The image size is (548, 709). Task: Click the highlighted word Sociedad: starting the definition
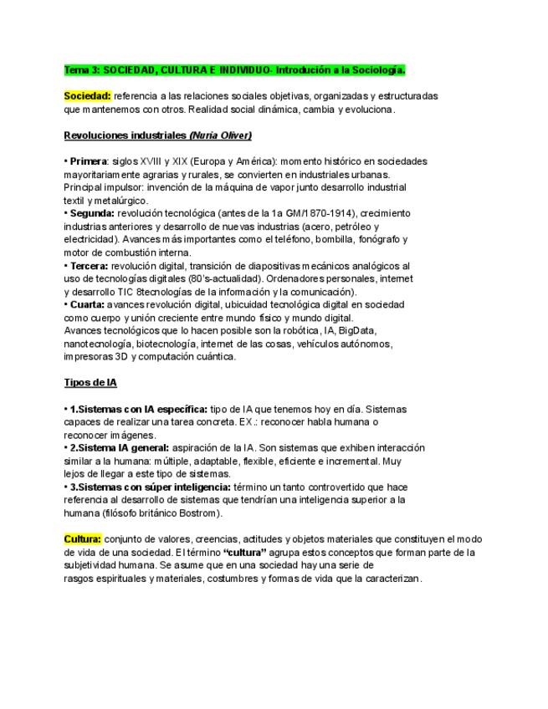click(87, 96)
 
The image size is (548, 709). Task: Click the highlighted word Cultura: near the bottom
click(83, 538)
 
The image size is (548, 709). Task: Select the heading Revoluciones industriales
click(125, 135)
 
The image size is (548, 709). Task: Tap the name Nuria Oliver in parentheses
click(221, 135)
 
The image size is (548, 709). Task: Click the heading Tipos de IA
click(90, 383)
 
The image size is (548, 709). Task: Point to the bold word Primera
click(89, 161)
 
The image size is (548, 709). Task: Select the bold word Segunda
click(91, 213)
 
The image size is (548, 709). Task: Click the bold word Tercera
click(89, 266)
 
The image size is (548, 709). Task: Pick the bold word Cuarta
click(87, 304)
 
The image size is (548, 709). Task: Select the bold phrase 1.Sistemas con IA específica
click(138, 409)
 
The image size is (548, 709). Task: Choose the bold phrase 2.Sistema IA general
click(120, 447)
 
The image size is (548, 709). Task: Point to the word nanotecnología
click(97, 343)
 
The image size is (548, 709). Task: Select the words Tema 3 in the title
click(82, 69)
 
